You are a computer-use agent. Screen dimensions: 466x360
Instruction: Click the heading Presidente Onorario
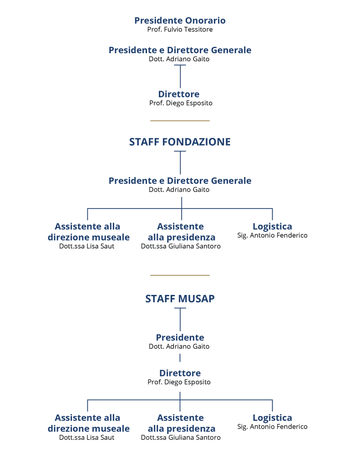pyautogui.click(x=180, y=20)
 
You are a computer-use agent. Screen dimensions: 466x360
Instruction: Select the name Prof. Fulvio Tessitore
pyautogui.click(x=180, y=30)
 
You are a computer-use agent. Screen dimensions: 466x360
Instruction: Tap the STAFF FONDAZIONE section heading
pyautogui.click(x=180, y=142)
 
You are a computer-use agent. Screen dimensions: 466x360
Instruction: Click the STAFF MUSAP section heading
pyautogui.click(x=180, y=299)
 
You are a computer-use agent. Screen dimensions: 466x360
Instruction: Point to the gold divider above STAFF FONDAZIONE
pyautogui.click(x=180, y=121)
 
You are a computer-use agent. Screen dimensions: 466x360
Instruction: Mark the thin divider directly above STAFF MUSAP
pyautogui.click(x=180, y=275)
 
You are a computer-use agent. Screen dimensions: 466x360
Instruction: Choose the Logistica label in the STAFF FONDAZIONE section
pyautogui.click(x=272, y=226)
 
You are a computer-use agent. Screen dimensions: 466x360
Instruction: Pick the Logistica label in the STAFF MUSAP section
pyautogui.click(x=272, y=417)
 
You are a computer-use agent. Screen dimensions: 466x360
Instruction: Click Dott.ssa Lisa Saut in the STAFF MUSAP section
pyautogui.click(x=87, y=438)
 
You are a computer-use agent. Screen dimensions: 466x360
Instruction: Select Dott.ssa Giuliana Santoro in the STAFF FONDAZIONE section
pyautogui.click(x=181, y=246)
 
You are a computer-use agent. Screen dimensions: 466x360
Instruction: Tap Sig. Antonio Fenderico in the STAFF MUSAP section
pyautogui.click(x=272, y=427)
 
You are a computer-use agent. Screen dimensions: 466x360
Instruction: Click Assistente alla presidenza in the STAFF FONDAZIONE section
pyautogui.click(x=181, y=232)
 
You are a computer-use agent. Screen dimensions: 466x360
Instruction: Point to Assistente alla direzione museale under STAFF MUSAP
pyautogui.click(x=88, y=423)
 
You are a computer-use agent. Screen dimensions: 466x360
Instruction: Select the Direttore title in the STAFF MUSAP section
pyautogui.click(x=180, y=373)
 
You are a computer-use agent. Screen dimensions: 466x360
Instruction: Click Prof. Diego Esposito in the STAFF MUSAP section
pyautogui.click(x=179, y=382)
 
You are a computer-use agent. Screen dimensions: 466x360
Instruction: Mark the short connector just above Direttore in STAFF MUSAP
pyautogui.click(x=180, y=359)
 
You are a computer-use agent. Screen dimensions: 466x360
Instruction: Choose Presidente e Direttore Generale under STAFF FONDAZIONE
pyautogui.click(x=180, y=181)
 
